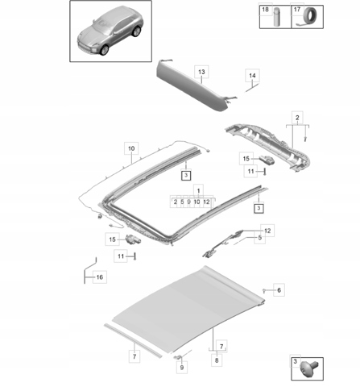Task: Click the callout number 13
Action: [201, 72]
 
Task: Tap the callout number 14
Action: [252, 76]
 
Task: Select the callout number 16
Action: [100, 277]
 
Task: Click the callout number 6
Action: [279, 290]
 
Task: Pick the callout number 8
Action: [217, 360]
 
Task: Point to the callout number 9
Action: [182, 368]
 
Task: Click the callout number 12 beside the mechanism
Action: [267, 231]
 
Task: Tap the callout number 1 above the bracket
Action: [198, 190]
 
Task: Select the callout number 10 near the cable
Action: [131, 148]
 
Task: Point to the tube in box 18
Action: [277, 17]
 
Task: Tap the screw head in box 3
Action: [308, 368]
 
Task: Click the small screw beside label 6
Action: [264, 290]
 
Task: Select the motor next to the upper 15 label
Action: [267, 160]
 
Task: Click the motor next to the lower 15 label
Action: [133, 239]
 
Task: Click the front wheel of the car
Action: [104, 50]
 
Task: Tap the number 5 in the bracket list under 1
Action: [182, 202]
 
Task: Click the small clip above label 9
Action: [177, 357]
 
